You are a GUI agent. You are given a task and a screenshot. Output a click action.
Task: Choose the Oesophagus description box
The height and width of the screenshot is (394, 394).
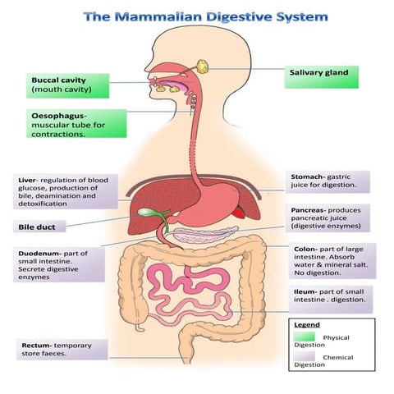[76, 124]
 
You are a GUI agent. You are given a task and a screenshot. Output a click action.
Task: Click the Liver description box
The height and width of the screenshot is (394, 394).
[66, 191]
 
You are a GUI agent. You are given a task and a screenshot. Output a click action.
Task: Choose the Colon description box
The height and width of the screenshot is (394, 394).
[332, 261]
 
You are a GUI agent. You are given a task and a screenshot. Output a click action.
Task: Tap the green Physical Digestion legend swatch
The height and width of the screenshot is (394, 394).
[305, 337]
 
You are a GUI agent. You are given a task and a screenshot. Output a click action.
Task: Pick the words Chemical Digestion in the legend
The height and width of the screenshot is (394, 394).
[328, 362]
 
